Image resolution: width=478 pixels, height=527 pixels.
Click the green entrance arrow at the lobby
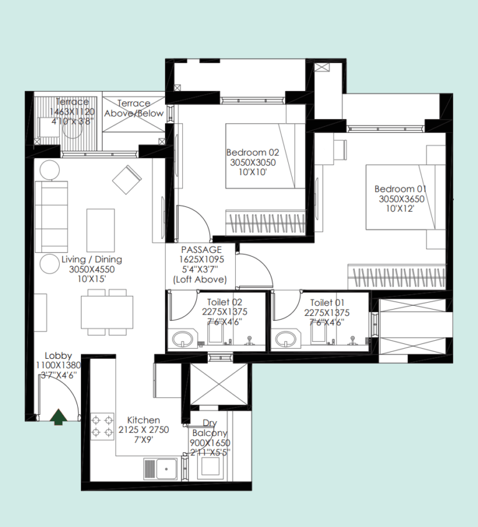pyautogui.click(x=59, y=417)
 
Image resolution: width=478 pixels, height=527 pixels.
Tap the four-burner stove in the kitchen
pyautogui.click(x=102, y=426)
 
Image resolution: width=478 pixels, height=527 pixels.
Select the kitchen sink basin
pyautogui.click(x=167, y=469)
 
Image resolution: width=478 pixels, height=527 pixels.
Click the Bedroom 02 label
pyautogui.click(x=253, y=153)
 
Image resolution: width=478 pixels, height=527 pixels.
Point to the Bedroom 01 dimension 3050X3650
pyautogui.click(x=401, y=199)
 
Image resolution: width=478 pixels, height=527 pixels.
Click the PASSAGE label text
pyautogui.click(x=201, y=250)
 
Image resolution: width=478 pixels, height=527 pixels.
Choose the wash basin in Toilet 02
pyautogui.click(x=183, y=339)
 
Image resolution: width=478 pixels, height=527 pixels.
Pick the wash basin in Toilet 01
pyautogui.click(x=286, y=339)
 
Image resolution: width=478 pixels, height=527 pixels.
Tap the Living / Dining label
pyautogui.click(x=91, y=260)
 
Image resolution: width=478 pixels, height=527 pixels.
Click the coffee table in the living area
pyautogui.click(x=100, y=230)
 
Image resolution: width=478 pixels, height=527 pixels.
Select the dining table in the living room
pyautogui.click(x=107, y=312)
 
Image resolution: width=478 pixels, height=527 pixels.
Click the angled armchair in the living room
pyautogui.click(x=126, y=180)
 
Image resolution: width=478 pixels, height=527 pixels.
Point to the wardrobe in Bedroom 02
pyautogui.click(x=265, y=222)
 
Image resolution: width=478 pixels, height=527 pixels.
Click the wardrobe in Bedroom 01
pyautogui.click(x=396, y=277)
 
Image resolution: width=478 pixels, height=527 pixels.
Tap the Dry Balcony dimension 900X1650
pyautogui.click(x=210, y=443)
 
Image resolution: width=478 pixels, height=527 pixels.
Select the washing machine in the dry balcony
pyautogui.click(x=210, y=466)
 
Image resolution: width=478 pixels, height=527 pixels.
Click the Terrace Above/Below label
pyautogui.click(x=134, y=108)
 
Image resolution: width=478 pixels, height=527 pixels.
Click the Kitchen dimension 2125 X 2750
pyautogui.click(x=143, y=430)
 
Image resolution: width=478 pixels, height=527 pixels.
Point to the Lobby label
pyautogui.click(x=59, y=356)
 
